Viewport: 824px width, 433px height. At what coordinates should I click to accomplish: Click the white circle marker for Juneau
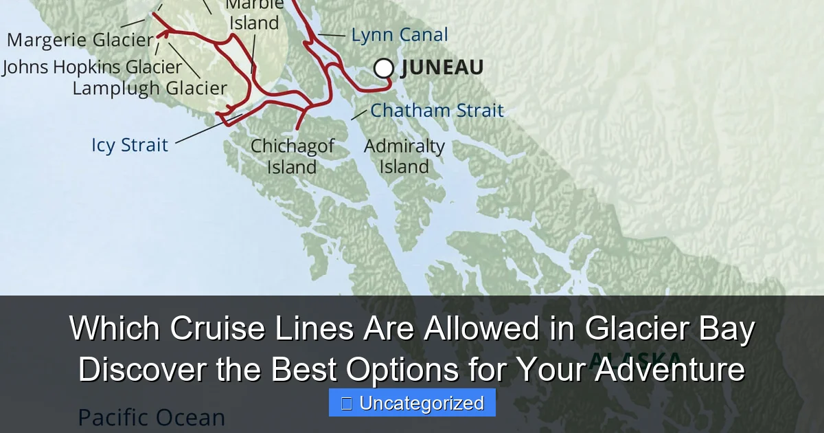pos(384,68)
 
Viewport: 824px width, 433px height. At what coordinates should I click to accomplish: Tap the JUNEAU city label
pos(442,67)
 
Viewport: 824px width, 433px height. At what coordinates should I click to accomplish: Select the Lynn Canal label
pos(400,35)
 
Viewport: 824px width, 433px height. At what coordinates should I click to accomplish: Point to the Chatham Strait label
pos(437,110)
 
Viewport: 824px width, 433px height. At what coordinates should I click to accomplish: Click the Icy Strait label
pos(130,145)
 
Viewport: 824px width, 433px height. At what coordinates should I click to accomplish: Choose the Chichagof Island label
pos(293,156)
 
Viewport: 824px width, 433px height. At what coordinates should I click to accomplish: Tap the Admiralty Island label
pos(404,156)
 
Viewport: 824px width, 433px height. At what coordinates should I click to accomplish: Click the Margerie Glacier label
pos(80,40)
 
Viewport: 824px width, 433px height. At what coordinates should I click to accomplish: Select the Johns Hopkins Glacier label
pos(92,67)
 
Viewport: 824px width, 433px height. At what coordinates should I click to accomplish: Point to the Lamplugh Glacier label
pos(150,88)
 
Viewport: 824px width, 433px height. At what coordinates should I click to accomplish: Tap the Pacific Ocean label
pos(151,417)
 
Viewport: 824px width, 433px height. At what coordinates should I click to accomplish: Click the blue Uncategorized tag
pos(412,403)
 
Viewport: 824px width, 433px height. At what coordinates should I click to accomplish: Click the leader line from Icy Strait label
pos(206,131)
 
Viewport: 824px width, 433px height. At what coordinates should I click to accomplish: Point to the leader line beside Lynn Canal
pos(332,35)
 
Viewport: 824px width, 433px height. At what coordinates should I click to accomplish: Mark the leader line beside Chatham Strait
pos(358,114)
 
